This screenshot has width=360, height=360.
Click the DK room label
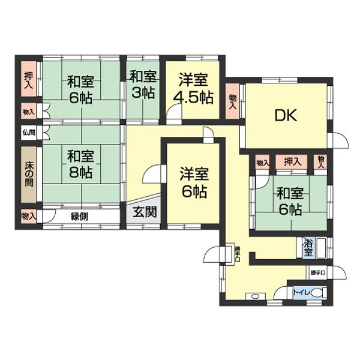point(287,115)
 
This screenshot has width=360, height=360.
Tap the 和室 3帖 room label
point(143,85)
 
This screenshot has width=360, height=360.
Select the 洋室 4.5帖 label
point(193,88)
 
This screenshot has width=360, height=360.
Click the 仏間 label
point(29,133)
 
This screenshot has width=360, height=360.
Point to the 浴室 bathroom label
point(308,248)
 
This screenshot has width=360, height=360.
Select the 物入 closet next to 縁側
point(28,215)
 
